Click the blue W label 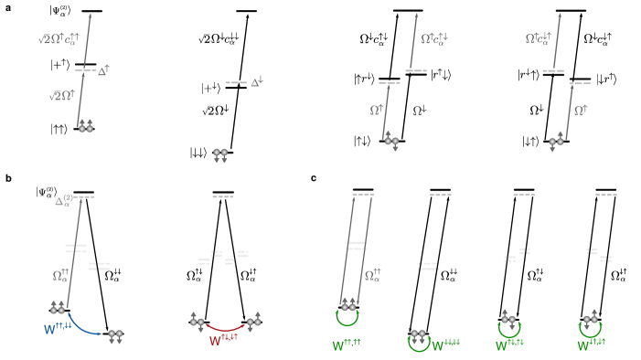click(58, 329)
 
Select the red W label click(223, 340)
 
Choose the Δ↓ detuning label click(256, 82)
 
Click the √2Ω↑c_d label click(59, 39)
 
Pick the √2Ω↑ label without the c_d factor click(62, 95)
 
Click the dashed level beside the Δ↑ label click(85, 70)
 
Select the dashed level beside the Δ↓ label click(236, 82)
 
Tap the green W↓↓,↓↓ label click(445, 345)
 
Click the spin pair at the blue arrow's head click(115, 335)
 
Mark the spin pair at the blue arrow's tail click(58, 308)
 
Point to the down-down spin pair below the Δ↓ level click(220, 154)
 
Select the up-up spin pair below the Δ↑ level click(85, 126)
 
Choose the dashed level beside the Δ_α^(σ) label click(83, 196)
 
